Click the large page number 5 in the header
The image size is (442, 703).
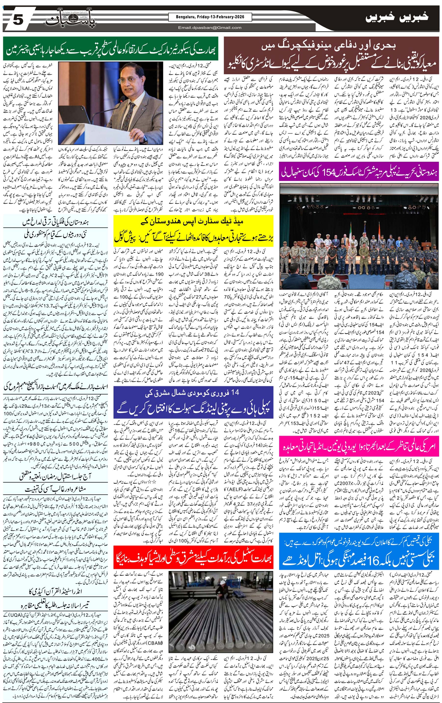coord(17,20)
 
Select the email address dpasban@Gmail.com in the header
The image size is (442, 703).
coord(210,28)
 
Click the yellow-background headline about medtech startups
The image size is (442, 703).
coord(193,230)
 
